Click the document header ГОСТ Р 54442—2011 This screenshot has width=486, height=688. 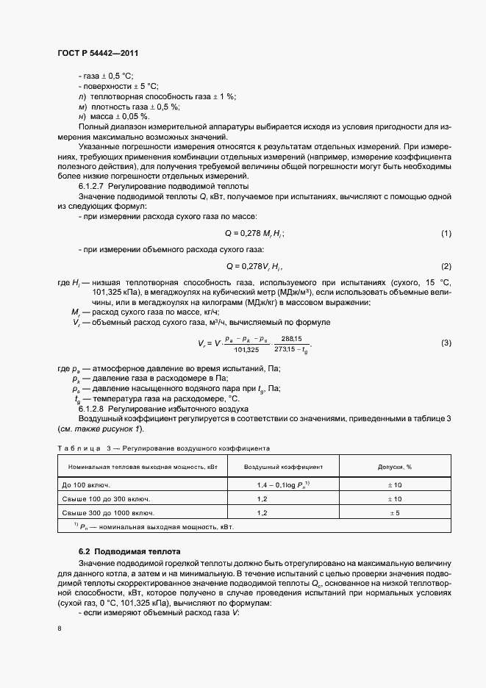click(x=97, y=53)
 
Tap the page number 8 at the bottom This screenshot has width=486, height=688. click(x=60, y=628)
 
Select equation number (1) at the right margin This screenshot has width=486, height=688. click(x=446, y=233)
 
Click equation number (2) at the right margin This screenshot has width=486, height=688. click(x=446, y=265)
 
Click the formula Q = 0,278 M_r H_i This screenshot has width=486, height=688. click(x=254, y=233)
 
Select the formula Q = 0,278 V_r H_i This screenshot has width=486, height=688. click(x=254, y=265)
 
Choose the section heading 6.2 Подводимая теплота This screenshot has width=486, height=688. click(x=124, y=551)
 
